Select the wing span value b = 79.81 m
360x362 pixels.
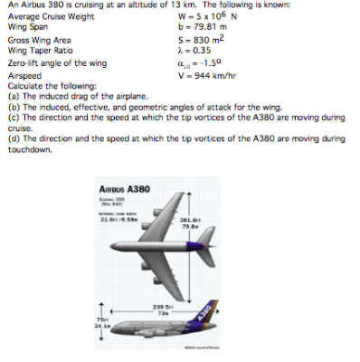201,26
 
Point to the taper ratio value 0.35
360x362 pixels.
202,52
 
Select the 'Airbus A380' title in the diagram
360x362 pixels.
128,187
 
